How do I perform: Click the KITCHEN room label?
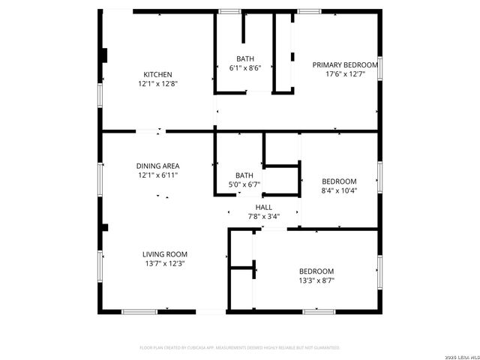(158, 74)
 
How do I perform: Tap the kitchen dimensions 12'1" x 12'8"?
(158, 85)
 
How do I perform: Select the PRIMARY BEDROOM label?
(345, 64)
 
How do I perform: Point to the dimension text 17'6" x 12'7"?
(345, 74)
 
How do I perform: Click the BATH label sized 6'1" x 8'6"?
(245, 58)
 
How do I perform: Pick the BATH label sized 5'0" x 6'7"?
(244, 175)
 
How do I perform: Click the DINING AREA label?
(157, 166)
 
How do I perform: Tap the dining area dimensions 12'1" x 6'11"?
(157, 175)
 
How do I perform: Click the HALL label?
(264, 207)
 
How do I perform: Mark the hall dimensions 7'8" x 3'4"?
(264, 217)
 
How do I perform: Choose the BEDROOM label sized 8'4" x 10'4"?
(339, 181)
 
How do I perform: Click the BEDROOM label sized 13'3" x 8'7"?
(316, 271)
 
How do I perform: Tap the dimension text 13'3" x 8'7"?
(316, 280)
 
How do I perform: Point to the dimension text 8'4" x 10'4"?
(339, 191)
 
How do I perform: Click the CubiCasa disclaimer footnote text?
(240, 347)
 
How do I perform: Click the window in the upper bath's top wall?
(229, 10)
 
